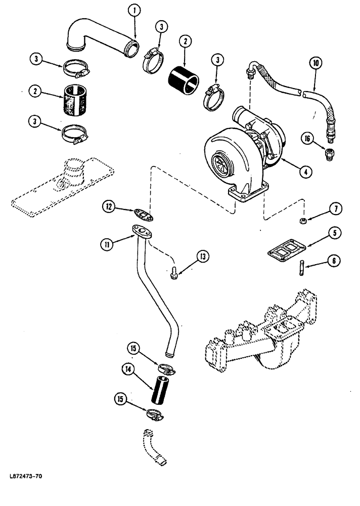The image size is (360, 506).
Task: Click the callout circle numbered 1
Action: (134, 9)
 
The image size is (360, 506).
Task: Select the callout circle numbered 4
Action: (304, 171)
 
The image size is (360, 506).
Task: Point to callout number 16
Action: (306, 137)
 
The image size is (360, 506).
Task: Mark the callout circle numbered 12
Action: (109, 206)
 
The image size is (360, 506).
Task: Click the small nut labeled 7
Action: (301, 221)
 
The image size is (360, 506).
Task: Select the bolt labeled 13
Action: (173, 274)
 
